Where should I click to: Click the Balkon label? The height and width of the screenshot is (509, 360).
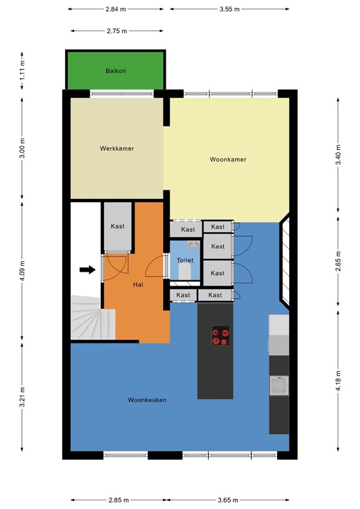[115, 71]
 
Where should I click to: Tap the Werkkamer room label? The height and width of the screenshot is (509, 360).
[117, 148]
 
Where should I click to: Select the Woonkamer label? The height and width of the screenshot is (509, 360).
[228, 159]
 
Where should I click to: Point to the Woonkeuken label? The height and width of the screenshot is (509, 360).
[147, 400]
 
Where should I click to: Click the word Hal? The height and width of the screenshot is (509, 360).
[138, 285]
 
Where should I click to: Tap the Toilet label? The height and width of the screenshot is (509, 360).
[185, 260]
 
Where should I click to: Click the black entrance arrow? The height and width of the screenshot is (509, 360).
[88, 270]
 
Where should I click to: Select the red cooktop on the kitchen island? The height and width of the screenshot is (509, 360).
[221, 335]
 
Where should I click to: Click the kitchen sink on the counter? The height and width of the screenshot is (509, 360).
[279, 385]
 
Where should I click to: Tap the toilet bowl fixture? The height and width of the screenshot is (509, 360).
[185, 271]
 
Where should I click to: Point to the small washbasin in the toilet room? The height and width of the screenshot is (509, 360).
[194, 245]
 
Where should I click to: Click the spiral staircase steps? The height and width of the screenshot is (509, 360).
[93, 318]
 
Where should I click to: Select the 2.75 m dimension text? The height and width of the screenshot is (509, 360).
[117, 31]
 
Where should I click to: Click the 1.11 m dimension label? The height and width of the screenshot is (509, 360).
[22, 70]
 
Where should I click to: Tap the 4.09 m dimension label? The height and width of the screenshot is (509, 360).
[22, 270]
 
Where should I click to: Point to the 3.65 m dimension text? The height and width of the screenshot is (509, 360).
[228, 500]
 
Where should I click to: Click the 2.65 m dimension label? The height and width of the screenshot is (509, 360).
[338, 261]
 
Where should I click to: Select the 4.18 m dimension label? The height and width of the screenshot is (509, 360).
[338, 381]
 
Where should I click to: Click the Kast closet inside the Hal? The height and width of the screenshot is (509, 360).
[117, 227]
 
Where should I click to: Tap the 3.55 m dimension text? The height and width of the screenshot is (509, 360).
[229, 9]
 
